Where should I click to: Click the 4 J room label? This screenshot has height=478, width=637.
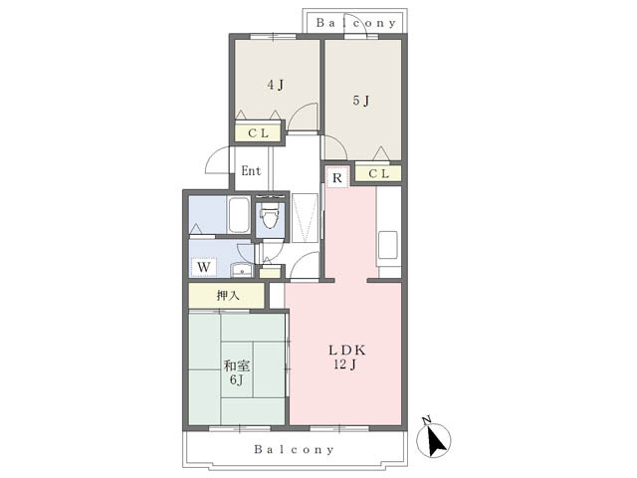pos(276,85)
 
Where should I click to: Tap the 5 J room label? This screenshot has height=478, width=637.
pos(360,101)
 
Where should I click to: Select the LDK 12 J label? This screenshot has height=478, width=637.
pos(346,357)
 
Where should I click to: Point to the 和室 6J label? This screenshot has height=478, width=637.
pos(237,372)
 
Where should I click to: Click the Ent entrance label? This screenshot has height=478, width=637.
pos(251,170)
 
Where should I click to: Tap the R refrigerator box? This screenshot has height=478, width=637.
pos(337,177)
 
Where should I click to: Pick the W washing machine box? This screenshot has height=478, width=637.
pos(203,267)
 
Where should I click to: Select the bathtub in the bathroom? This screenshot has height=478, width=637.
pos(239,215)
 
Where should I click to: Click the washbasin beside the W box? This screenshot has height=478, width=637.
pos(242,270)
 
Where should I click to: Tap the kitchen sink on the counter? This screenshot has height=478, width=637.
pos(388,245)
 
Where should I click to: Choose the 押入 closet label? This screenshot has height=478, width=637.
pos(228,296)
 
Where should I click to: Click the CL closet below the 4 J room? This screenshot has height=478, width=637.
pos(259,133)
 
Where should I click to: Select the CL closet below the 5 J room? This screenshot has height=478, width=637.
pos(378,173)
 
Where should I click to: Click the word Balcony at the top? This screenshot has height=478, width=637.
pos(356,23)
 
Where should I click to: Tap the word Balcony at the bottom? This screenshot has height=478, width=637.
pos(295,449)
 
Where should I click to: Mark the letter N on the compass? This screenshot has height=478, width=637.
pos(427,420)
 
